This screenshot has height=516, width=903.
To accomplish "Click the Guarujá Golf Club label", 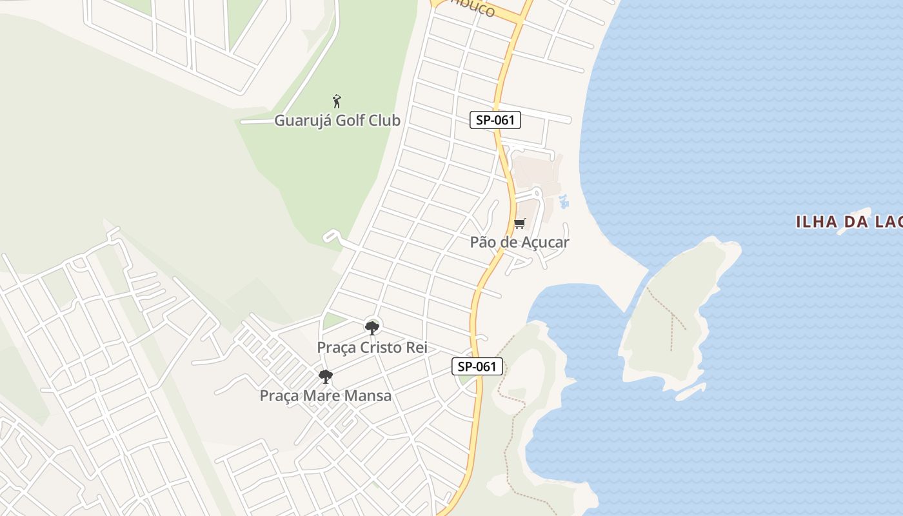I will (337, 121).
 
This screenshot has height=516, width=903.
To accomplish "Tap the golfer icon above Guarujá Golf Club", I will (336, 101).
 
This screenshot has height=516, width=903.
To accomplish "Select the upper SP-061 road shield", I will (495, 119).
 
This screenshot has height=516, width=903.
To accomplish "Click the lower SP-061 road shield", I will (476, 366).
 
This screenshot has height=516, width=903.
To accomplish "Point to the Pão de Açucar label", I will (519, 242).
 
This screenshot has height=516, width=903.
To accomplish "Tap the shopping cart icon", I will (519, 224).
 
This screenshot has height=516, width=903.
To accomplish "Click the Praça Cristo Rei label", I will (372, 347).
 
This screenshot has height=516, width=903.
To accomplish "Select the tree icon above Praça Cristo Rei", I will (372, 328).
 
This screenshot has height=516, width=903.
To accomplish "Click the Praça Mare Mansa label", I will (325, 395).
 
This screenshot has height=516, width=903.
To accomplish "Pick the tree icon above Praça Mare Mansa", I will (326, 376).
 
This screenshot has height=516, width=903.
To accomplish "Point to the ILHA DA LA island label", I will (849, 223).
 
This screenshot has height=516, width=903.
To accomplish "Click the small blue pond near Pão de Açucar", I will (564, 201).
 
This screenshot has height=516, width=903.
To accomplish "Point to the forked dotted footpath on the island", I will (671, 316).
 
